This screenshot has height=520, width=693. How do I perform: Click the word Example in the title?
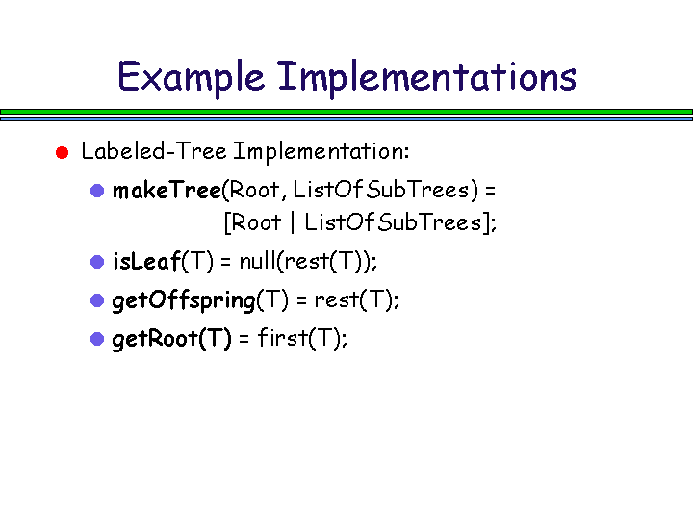(191, 78)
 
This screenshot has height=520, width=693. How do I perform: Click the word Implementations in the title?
(427, 76)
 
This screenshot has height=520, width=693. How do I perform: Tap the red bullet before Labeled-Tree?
(63, 152)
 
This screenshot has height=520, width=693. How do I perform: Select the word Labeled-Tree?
(154, 151)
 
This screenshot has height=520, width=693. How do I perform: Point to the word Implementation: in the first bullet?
(321, 152)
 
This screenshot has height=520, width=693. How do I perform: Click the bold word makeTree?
(167, 191)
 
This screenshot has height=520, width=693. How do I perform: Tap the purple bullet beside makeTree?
(97, 191)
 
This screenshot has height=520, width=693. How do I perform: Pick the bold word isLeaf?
(146, 261)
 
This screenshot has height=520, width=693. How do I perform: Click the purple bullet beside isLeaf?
(97, 262)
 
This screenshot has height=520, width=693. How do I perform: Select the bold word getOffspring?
(184, 300)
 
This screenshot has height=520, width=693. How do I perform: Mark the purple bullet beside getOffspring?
(97, 300)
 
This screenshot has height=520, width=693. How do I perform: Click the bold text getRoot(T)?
(172, 340)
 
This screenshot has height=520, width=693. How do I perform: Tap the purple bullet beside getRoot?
(97, 339)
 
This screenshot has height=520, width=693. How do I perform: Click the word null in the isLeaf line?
(257, 261)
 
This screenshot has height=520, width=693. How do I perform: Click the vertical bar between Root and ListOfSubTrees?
(293, 222)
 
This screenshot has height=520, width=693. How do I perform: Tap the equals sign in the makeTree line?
(490, 191)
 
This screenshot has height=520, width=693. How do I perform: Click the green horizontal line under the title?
(346, 112)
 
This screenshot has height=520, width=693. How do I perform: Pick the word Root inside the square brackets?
(256, 222)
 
